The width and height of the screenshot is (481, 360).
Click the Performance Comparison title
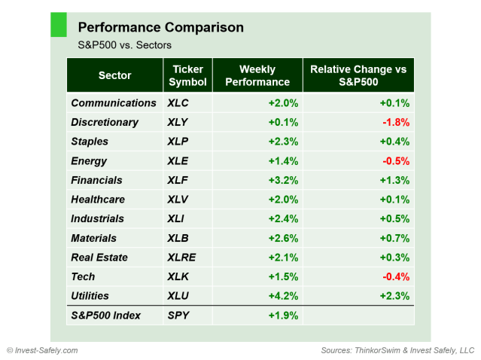pyautogui.click(x=161, y=28)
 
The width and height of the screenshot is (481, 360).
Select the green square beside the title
pyautogui.click(x=58, y=24)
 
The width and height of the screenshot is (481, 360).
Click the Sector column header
pyautogui.click(x=114, y=75)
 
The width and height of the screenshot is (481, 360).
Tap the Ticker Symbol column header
pyautogui.click(x=187, y=75)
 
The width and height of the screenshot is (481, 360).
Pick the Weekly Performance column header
pyautogui.click(x=257, y=75)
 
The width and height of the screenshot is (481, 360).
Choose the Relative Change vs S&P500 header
pyautogui.click(x=358, y=75)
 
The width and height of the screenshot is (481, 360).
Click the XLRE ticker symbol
pyautogui.click(x=183, y=258)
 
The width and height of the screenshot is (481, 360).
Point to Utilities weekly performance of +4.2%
pyautogui.click(x=283, y=296)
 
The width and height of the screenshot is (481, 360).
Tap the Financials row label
pyautogui.click(x=97, y=180)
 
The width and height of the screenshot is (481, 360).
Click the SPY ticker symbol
pyautogui.click(x=179, y=316)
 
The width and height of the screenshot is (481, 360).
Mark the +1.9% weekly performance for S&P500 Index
pyautogui.click(x=283, y=316)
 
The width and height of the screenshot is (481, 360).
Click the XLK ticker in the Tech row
pyautogui.click(x=179, y=276)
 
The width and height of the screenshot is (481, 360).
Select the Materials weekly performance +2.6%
pyautogui.click(x=283, y=238)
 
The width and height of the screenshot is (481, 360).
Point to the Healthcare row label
pyautogui.click(x=98, y=200)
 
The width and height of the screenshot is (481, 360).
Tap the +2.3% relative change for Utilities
pyautogui.click(x=394, y=296)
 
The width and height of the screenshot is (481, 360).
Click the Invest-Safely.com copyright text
pyautogui.click(x=42, y=350)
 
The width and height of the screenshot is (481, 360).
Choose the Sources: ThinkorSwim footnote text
pyautogui.click(x=397, y=350)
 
